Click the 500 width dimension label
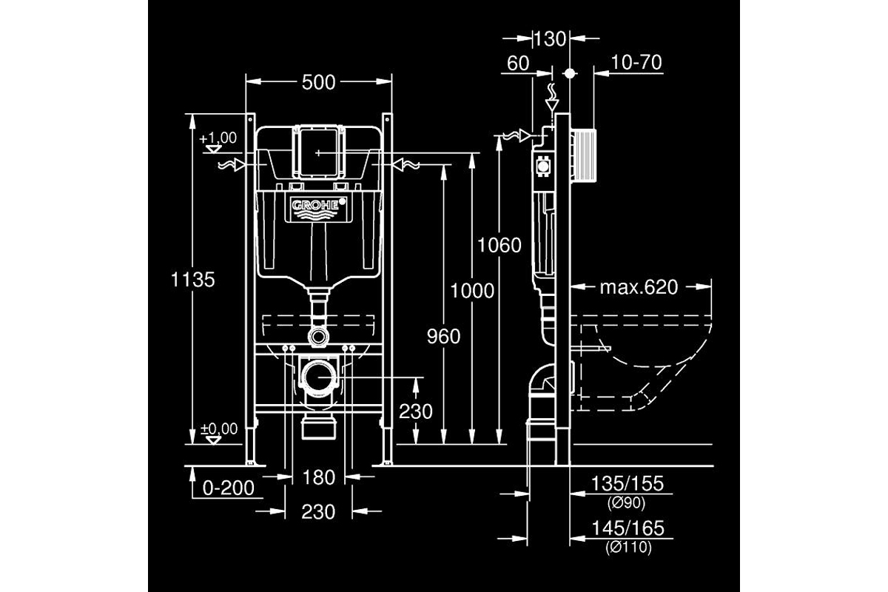coord(318,82)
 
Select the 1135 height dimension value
coord(192,280)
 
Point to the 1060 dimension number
coord(499,246)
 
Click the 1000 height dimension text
coord(472,291)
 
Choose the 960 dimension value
coord(443,337)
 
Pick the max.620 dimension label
coord(639,287)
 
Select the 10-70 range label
coord(636,62)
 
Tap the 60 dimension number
coord(518,63)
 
